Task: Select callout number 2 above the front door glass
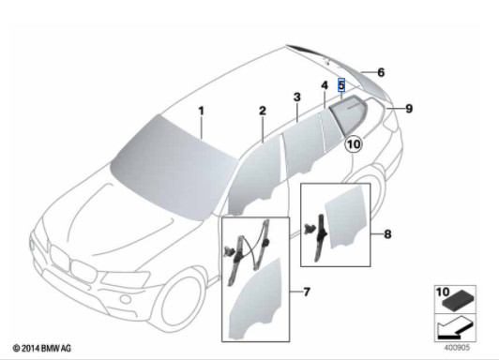[264, 112]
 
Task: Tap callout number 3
[295, 97]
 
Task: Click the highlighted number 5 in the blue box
[341, 84]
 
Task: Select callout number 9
[409, 108]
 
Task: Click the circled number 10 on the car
[353, 143]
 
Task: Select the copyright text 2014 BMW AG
[41, 350]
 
